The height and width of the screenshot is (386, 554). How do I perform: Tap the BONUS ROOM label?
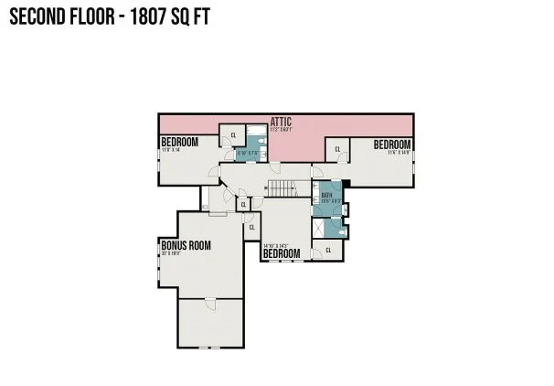pos(186,245)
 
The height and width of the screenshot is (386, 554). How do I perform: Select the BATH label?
pos(327,196)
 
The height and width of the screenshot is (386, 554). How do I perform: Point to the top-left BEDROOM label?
pos(180,142)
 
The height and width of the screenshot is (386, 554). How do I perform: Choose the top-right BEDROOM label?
pos(392,144)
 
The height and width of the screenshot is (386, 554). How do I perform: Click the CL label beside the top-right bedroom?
pos(337,149)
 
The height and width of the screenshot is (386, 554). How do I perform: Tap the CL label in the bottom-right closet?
pos(329,249)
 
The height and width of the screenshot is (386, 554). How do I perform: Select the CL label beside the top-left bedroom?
pos(234,135)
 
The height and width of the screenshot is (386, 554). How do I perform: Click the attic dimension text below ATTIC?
pos(281,129)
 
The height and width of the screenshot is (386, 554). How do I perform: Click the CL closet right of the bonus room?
pos(251,227)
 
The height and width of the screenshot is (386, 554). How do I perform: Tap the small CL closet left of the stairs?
pos(243,203)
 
